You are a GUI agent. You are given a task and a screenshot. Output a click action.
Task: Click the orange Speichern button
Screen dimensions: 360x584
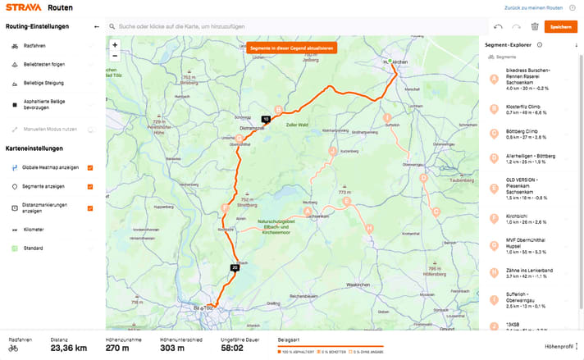(x=561, y=27)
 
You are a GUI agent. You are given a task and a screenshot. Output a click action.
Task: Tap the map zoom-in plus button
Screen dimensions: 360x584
(x=115, y=44)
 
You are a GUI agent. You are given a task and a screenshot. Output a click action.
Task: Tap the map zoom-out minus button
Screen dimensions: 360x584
(x=115, y=56)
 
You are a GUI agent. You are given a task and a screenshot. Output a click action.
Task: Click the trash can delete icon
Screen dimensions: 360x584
(x=535, y=27)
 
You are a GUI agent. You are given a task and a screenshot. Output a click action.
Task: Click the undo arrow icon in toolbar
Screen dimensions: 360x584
(x=499, y=27)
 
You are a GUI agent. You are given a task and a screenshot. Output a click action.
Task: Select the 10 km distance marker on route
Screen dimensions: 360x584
(x=266, y=119)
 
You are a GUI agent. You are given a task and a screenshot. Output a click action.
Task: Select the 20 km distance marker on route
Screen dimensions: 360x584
(x=235, y=267)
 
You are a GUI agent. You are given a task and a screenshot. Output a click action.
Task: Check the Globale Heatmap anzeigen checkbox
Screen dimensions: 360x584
(x=90, y=167)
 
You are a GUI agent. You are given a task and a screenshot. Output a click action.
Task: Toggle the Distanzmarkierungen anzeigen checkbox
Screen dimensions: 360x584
(x=90, y=208)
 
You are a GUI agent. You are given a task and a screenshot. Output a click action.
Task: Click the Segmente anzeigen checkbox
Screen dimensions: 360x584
(x=90, y=186)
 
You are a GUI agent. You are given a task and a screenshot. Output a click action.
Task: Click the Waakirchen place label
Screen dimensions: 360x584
(x=358, y=284)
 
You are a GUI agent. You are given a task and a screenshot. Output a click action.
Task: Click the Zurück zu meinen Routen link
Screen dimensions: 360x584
(x=542, y=7)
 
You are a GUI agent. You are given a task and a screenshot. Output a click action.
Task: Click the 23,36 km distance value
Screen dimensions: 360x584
(x=68, y=348)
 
